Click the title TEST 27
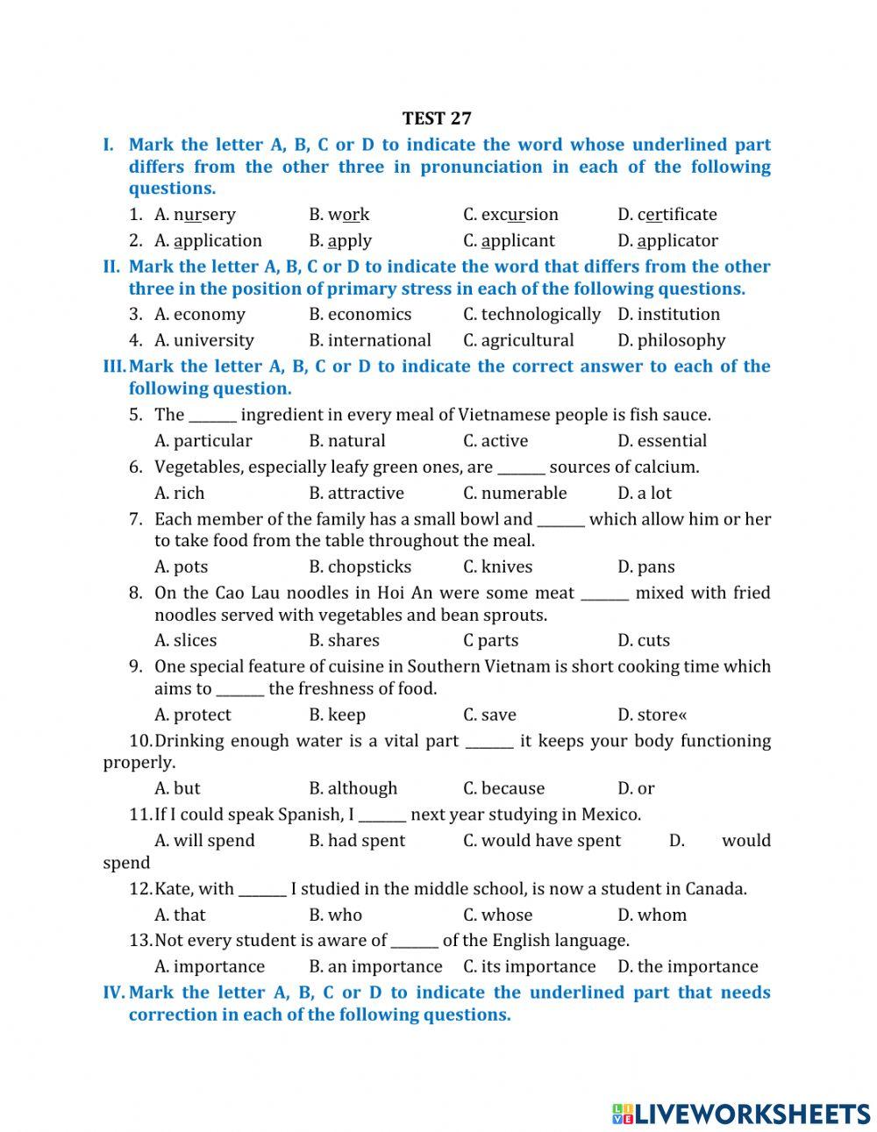437,118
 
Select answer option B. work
339,215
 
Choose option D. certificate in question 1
667,215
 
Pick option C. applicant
509,241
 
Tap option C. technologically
531,315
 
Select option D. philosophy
671,341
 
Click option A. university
204,341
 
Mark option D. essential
661,441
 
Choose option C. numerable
515,494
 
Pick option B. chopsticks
360,567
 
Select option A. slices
186,641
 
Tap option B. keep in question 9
337,716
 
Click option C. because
503,789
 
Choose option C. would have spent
541,841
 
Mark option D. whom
652,915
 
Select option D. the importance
688,967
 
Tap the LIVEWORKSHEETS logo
740,1114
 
